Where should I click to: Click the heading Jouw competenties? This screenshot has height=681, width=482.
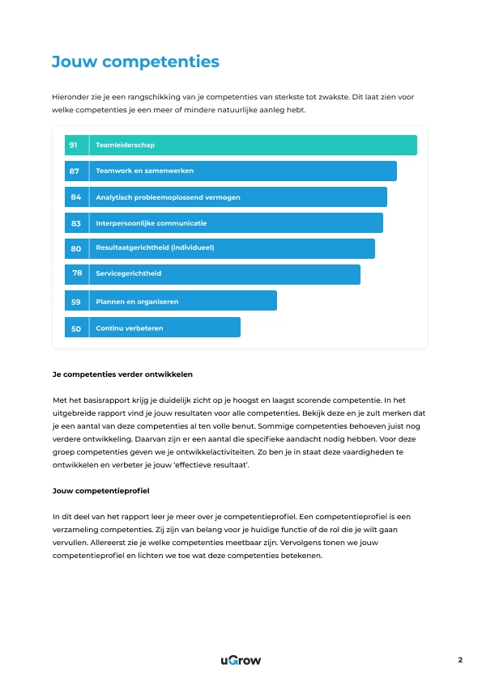click(x=135, y=61)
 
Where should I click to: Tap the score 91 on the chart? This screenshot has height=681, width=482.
click(x=74, y=146)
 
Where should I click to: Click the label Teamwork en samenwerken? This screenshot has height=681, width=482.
click(x=144, y=171)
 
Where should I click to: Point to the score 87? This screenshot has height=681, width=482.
click(x=75, y=171)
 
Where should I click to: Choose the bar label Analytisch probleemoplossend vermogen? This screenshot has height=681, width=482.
click(x=168, y=197)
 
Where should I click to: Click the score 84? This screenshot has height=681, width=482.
click(x=75, y=197)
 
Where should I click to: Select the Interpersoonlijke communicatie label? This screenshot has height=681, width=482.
click(x=151, y=223)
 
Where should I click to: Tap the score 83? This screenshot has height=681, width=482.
click(x=75, y=223)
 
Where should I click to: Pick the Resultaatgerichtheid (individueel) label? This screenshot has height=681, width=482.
click(x=155, y=248)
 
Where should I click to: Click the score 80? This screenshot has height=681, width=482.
click(x=75, y=249)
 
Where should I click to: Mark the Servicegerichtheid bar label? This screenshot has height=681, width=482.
click(x=128, y=274)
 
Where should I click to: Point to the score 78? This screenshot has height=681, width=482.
click(x=77, y=273)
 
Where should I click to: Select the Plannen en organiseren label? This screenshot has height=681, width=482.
click(x=137, y=302)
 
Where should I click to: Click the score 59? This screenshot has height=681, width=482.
click(x=75, y=302)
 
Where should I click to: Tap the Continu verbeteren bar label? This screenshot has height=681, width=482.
click(x=130, y=328)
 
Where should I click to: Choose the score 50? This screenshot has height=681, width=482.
click(x=75, y=328)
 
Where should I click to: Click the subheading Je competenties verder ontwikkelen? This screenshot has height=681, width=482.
click(x=122, y=375)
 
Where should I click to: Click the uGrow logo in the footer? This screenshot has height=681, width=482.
click(x=241, y=660)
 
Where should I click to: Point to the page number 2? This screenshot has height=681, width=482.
click(x=460, y=660)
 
